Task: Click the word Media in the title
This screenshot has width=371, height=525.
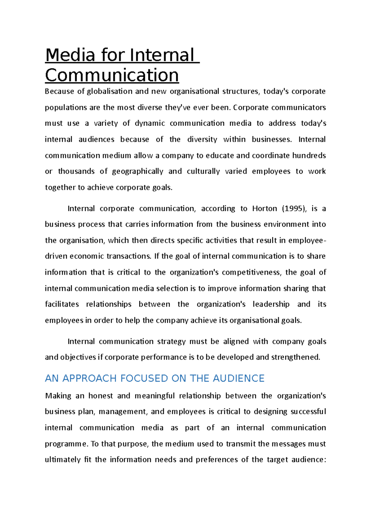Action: (x=70, y=55)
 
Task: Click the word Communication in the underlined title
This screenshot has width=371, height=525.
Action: (x=112, y=75)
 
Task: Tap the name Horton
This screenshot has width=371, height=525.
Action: (x=265, y=209)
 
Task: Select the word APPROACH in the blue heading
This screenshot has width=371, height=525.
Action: (x=87, y=378)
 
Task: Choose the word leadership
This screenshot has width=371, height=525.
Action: (x=271, y=304)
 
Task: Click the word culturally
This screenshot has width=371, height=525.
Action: (x=203, y=171)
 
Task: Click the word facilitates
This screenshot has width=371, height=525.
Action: (x=62, y=304)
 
